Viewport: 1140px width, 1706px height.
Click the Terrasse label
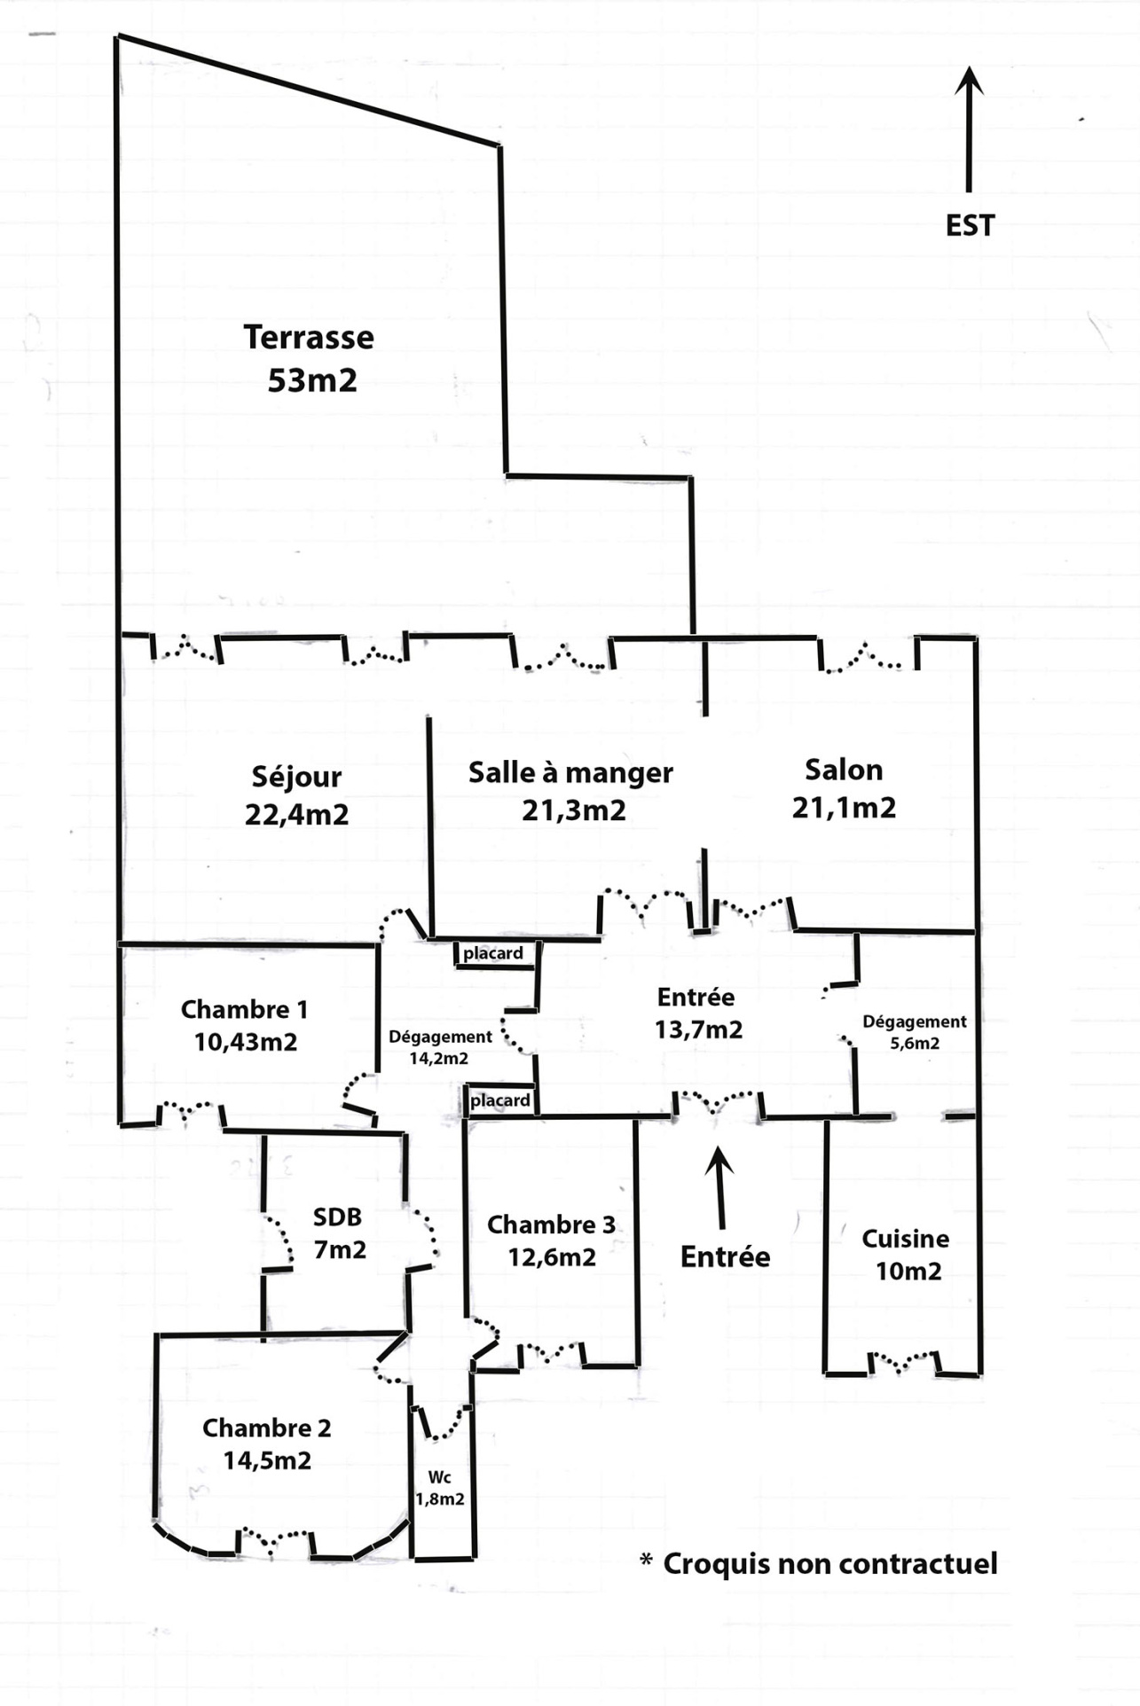point(309,338)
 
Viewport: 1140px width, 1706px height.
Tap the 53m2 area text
point(312,380)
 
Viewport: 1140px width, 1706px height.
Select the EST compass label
point(970,225)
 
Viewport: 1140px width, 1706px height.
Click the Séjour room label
point(296,777)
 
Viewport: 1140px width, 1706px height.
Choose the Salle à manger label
point(570,772)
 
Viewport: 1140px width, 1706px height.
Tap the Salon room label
point(844,770)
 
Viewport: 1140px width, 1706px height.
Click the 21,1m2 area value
point(844,808)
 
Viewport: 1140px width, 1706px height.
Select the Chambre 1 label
point(244,1009)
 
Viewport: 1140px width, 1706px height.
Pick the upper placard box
point(493,953)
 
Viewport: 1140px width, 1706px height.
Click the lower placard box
point(499,1100)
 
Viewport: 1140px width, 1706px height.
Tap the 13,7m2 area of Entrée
point(698,1029)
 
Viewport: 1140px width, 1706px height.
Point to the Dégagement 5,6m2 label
point(915,1032)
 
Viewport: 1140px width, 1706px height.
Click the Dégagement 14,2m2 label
point(440,1046)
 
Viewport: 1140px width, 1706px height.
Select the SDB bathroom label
point(337,1217)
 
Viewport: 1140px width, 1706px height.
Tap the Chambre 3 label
point(551,1225)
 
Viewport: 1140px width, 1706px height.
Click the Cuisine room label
point(905,1239)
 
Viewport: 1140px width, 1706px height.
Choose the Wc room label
point(440,1477)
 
